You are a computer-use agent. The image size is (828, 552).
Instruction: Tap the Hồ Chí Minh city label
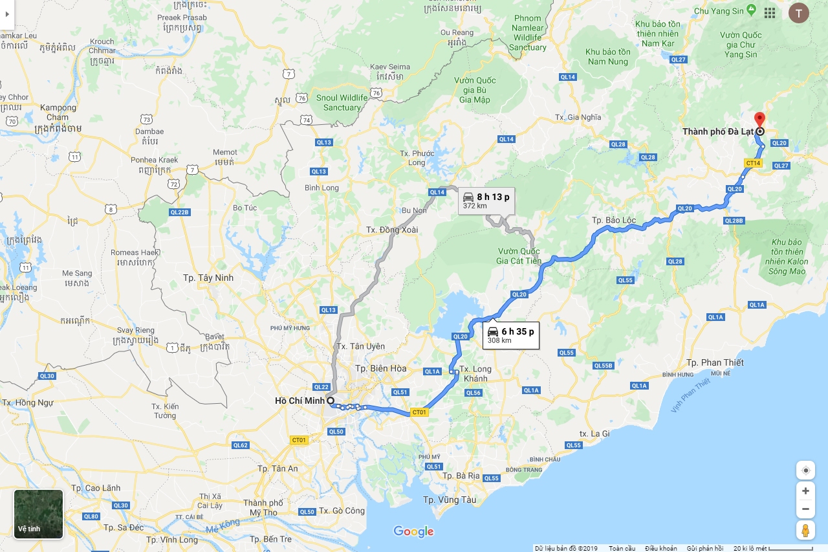pyautogui.click(x=300, y=401)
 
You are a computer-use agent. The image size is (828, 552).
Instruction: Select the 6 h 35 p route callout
pyautogui.click(x=510, y=335)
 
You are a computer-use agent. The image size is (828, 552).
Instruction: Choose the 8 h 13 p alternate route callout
pyautogui.click(x=486, y=200)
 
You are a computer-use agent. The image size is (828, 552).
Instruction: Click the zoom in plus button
pyautogui.click(x=805, y=491)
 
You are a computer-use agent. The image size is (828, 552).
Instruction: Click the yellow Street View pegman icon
pyautogui.click(x=805, y=530)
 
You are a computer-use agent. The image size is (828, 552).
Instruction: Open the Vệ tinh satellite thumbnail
pyautogui.click(x=39, y=514)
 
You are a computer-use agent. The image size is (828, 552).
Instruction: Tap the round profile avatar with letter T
pyautogui.click(x=798, y=13)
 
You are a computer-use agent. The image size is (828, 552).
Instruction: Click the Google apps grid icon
pyautogui.click(x=770, y=13)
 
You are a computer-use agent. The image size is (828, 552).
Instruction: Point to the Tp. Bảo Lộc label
pyautogui.click(x=614, y=220)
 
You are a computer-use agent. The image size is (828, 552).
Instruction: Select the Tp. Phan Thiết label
pyautogui.click(x=715, y=362)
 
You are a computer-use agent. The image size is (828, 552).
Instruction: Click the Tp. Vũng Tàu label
pyautogui.click(x=450, y=500)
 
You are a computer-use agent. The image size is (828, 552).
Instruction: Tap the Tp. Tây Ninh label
pyautogui.click(x=208, y=278)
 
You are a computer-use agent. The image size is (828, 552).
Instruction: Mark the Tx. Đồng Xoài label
pyautogui.click(x=392, y=230)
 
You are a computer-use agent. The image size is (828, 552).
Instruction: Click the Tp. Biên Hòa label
pyautogui.click(x=380, y=368)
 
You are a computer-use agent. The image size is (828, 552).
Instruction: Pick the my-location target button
pyautogui.click(x=805, y=470)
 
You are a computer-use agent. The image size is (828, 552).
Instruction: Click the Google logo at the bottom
pyautogui.click(x=413, y=532)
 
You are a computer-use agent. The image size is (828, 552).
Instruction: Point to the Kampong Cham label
pyautogui.click(x=58, y=113)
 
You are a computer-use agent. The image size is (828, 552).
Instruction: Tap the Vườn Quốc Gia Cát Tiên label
pyautogui.click(x=519, y=256)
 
